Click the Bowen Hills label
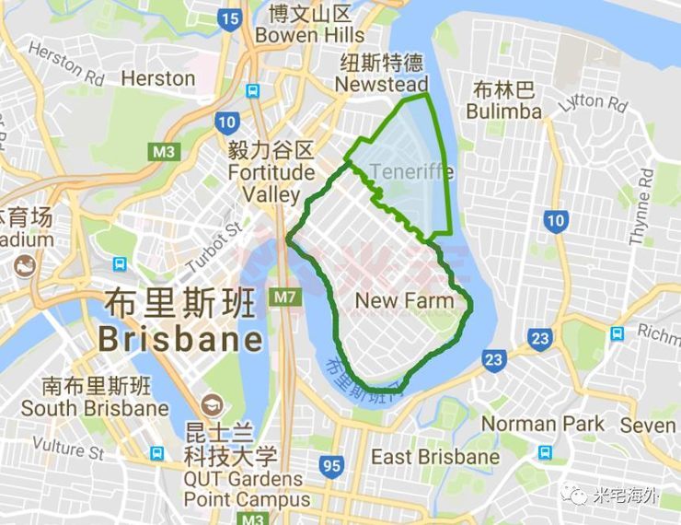[310, 35]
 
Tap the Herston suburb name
[158, 78]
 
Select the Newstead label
[381, 85]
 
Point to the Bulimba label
[503, 111]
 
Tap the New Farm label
[404, 301]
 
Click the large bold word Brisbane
[180, 339]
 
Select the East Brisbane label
[435, 457]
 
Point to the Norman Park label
[544, 425]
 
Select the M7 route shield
[283, 298]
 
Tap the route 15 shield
[230, 18]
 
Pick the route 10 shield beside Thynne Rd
[554, 220]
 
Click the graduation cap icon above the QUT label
[214, 404]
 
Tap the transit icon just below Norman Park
[545, 452]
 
